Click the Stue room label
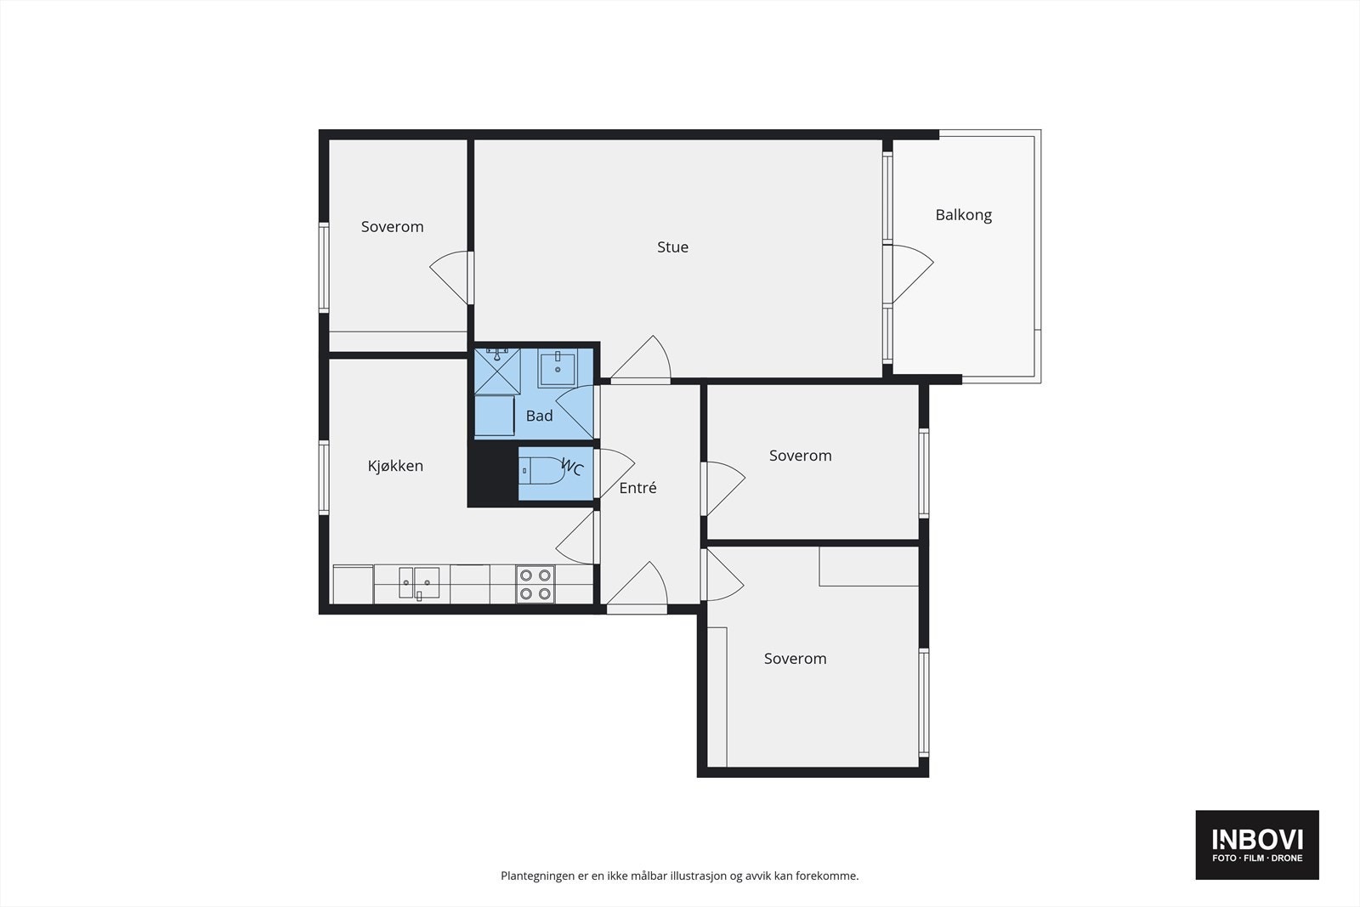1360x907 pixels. click(x=672, y=247)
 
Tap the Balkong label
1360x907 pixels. click(x=964, y=215)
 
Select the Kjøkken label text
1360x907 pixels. click(x=395, y=466)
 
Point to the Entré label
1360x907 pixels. click(x=637, y=487)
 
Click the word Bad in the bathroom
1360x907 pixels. click(x=539, y=416)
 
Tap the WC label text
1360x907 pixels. click(x=573, y=467)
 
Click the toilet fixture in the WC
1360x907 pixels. click(x=541, y=470)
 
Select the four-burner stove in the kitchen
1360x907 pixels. click(x=535, y=584)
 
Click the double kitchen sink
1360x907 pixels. click(x=419, y=583)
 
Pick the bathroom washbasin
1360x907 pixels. click(x=557, y=368)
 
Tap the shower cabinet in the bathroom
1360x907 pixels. click(x=497, y=371)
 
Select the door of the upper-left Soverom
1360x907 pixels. click(x=450, y=277)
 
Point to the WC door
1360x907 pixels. click(x=615, y=473)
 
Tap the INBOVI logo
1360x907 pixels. click(x=1257, y=844)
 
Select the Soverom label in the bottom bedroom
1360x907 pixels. click(x=795, y=659)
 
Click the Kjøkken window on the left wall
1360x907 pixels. click(x=324, y=477)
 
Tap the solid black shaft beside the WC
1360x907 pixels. click(x=492, y=473)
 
